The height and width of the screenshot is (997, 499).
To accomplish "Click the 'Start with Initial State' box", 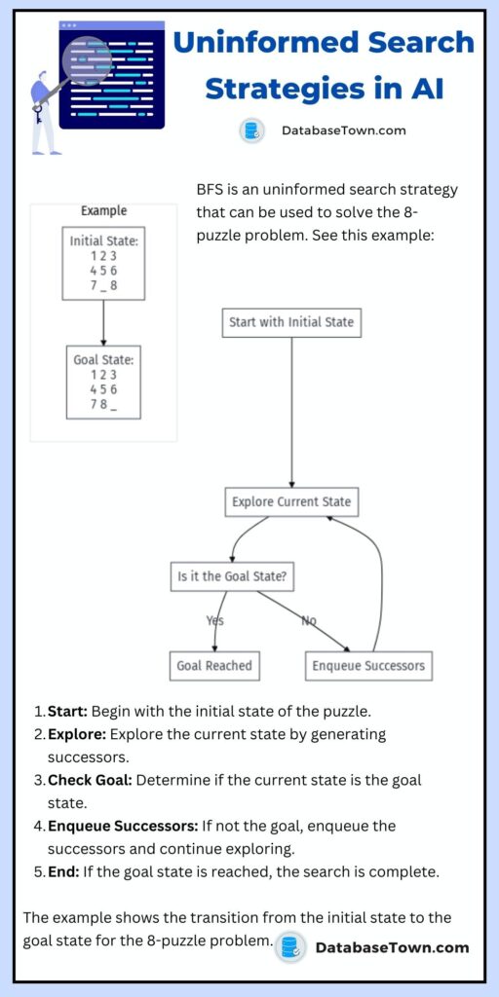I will click(291, 322).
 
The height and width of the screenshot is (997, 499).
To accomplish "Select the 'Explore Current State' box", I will click(291, 502).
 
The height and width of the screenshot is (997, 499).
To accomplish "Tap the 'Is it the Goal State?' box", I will click(232, 575).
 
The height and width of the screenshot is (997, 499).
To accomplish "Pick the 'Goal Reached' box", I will click(213, 666).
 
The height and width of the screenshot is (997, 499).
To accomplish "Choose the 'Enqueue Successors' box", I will click(367, 666).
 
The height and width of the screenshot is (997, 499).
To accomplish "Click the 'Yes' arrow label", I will click(215, 620).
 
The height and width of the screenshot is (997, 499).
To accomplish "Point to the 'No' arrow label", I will click(309, 620).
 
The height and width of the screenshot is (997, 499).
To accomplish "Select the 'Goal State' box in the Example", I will click(103, 383).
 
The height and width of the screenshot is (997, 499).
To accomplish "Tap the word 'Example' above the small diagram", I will click(103, 210).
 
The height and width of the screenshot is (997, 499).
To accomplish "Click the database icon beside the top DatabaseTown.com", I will click(251, 130).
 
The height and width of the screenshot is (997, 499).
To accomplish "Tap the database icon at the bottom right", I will click(289, 946).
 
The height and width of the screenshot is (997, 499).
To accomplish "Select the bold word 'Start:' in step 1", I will click(71, 710).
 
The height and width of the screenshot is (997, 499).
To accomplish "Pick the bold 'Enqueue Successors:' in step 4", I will click(122, 826).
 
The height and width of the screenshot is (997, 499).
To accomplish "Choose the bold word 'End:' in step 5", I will click(63, 871).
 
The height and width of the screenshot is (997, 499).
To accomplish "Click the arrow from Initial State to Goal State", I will click(103, 322).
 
